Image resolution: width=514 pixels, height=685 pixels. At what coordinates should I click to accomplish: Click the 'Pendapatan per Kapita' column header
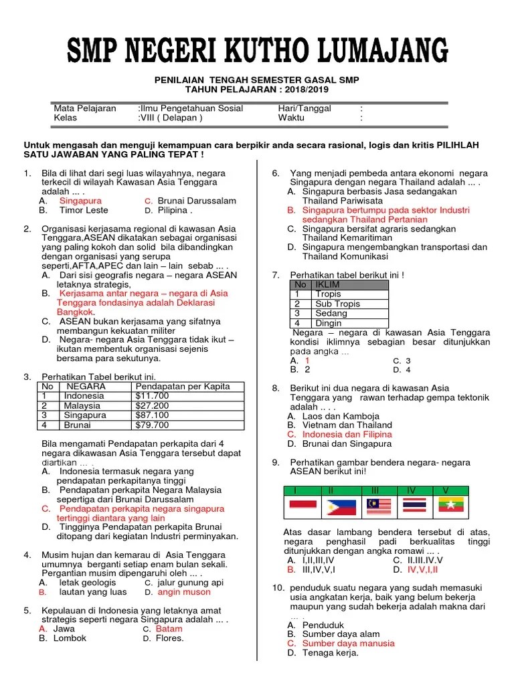(x=182, y=386)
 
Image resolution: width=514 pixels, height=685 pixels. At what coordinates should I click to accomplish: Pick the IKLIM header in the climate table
(x=328, y=284)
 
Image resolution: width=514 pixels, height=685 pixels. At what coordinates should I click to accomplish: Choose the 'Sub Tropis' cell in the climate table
(x=338, y=303)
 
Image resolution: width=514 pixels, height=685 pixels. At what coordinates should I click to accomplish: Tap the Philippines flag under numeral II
(x=341, y=506)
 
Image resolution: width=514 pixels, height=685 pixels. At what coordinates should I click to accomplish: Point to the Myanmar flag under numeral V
(x=451, y=506)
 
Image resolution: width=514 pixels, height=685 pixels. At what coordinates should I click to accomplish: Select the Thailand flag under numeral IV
(x=414, y=506)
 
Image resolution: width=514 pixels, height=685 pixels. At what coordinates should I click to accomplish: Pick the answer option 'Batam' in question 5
(x=169, y=629)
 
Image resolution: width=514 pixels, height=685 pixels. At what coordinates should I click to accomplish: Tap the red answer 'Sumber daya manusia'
(x=348, y=643)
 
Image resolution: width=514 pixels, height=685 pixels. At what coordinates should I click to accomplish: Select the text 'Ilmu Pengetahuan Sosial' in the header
(x=191, y=108)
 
